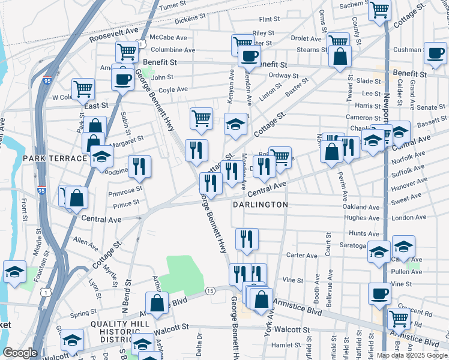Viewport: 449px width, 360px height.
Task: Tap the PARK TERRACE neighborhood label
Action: tap(55, 158)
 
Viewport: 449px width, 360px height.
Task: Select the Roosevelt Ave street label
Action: tap(114, 34)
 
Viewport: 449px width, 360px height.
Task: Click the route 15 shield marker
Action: tap(209, 291)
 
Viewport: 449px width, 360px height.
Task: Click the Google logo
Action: tap(20, 353)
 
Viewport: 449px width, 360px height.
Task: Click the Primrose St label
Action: tap(124, 191)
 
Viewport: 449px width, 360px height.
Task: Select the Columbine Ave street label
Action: tap(173, 50)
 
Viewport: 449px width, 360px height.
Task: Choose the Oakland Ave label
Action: tap(361, 207)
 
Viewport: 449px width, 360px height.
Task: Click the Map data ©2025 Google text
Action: tap(412, 355)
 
